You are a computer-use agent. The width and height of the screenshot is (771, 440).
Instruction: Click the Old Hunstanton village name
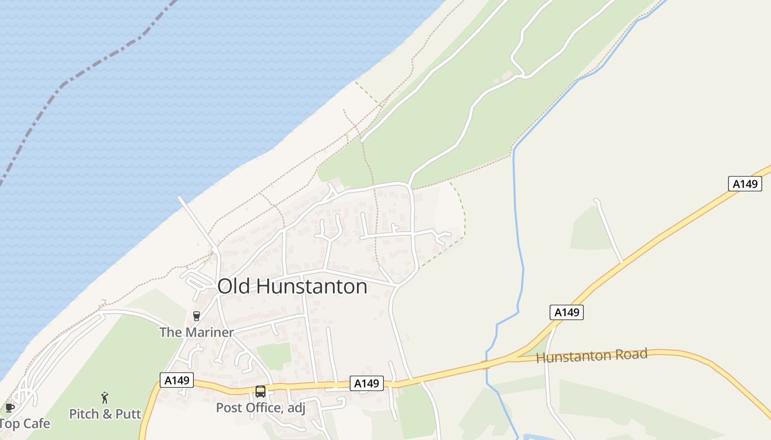coord(292,287)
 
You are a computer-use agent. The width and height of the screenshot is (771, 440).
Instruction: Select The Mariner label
coord(197,332)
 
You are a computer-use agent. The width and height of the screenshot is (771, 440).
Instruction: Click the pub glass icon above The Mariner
coord(197,316)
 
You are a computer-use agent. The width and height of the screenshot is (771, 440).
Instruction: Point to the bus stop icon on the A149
coord(260,392)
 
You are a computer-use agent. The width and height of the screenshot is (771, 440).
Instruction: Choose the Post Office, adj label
coord(260,408)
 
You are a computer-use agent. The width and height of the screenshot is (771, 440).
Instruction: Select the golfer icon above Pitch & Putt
coord(105,398)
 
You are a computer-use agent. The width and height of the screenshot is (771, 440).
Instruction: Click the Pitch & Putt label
coord(105,414)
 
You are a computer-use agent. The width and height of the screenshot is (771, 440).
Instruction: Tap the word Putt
coord(129,414)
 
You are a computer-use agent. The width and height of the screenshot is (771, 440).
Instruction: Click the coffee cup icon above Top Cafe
coord(9,408)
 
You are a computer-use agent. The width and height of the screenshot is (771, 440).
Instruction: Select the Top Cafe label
coord(24,424)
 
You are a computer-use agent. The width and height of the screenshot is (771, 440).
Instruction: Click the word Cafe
coord(36,424)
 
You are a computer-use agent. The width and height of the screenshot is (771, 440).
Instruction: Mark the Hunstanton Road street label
coord(591,356)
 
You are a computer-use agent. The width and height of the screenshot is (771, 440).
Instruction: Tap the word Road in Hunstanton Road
coord(632,355)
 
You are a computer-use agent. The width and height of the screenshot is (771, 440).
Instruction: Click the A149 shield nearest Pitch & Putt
coord(177,380)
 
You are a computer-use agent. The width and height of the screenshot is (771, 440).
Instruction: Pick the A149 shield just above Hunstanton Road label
coord(566,312)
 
